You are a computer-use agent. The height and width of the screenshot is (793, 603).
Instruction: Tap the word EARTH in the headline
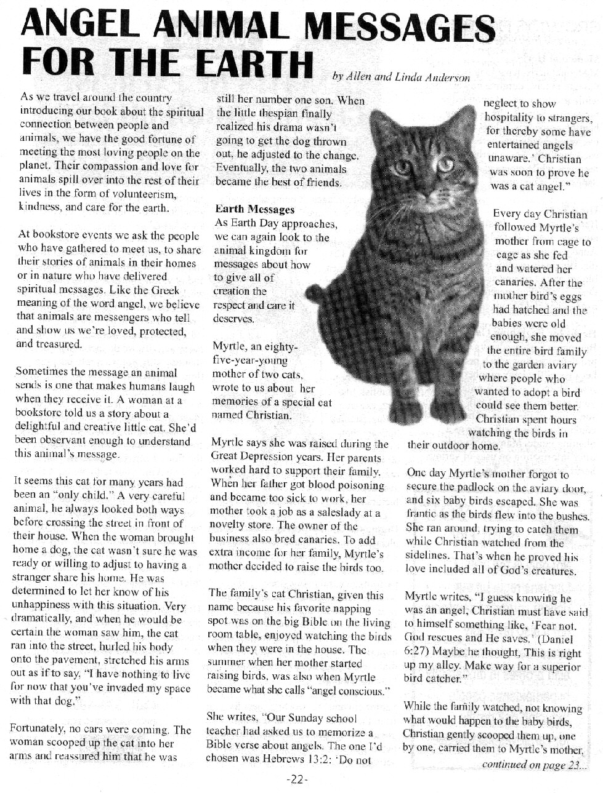pyautogui.click(x=253, y=63)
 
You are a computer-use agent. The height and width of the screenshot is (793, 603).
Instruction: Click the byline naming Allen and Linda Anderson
pyautogui.click(x=400, y=78)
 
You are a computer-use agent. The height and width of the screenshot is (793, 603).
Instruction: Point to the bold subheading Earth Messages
pyautogui.click(x=254, y=210)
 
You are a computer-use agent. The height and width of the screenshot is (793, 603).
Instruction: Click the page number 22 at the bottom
pyautogui.click(x=297, y=779)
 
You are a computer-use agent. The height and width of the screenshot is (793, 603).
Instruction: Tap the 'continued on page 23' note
pyautogui.click(x=534, y=765)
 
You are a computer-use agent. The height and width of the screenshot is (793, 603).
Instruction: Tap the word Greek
pyautogui.click(x=164, y=290)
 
